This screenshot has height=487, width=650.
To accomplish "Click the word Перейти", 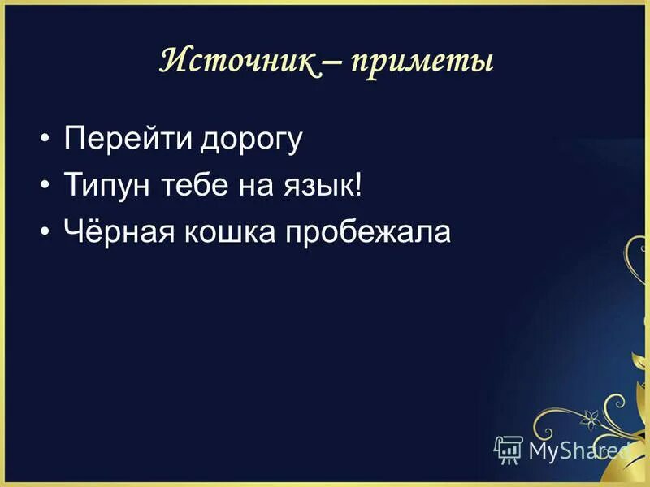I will tap(127, 140).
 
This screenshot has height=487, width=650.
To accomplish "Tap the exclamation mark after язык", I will tap(358, 186).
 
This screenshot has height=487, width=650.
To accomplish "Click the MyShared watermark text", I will tap(577, 449).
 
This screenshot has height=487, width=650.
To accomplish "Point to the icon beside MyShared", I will tap(509, 448).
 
